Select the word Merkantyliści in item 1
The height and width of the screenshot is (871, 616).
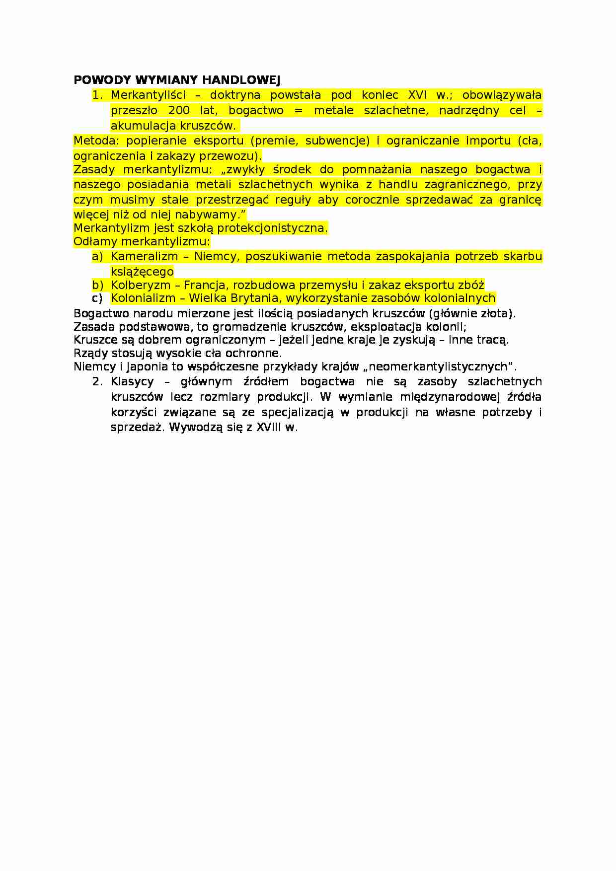point(148,95)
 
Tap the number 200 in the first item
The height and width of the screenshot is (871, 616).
point(179,110)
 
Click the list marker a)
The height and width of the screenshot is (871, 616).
point(97,256)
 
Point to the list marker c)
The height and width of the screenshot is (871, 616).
point(97,298)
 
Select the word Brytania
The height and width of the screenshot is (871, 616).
point(256,298)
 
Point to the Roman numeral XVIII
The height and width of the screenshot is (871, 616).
point(269,427)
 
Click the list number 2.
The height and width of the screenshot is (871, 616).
point(97,381)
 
